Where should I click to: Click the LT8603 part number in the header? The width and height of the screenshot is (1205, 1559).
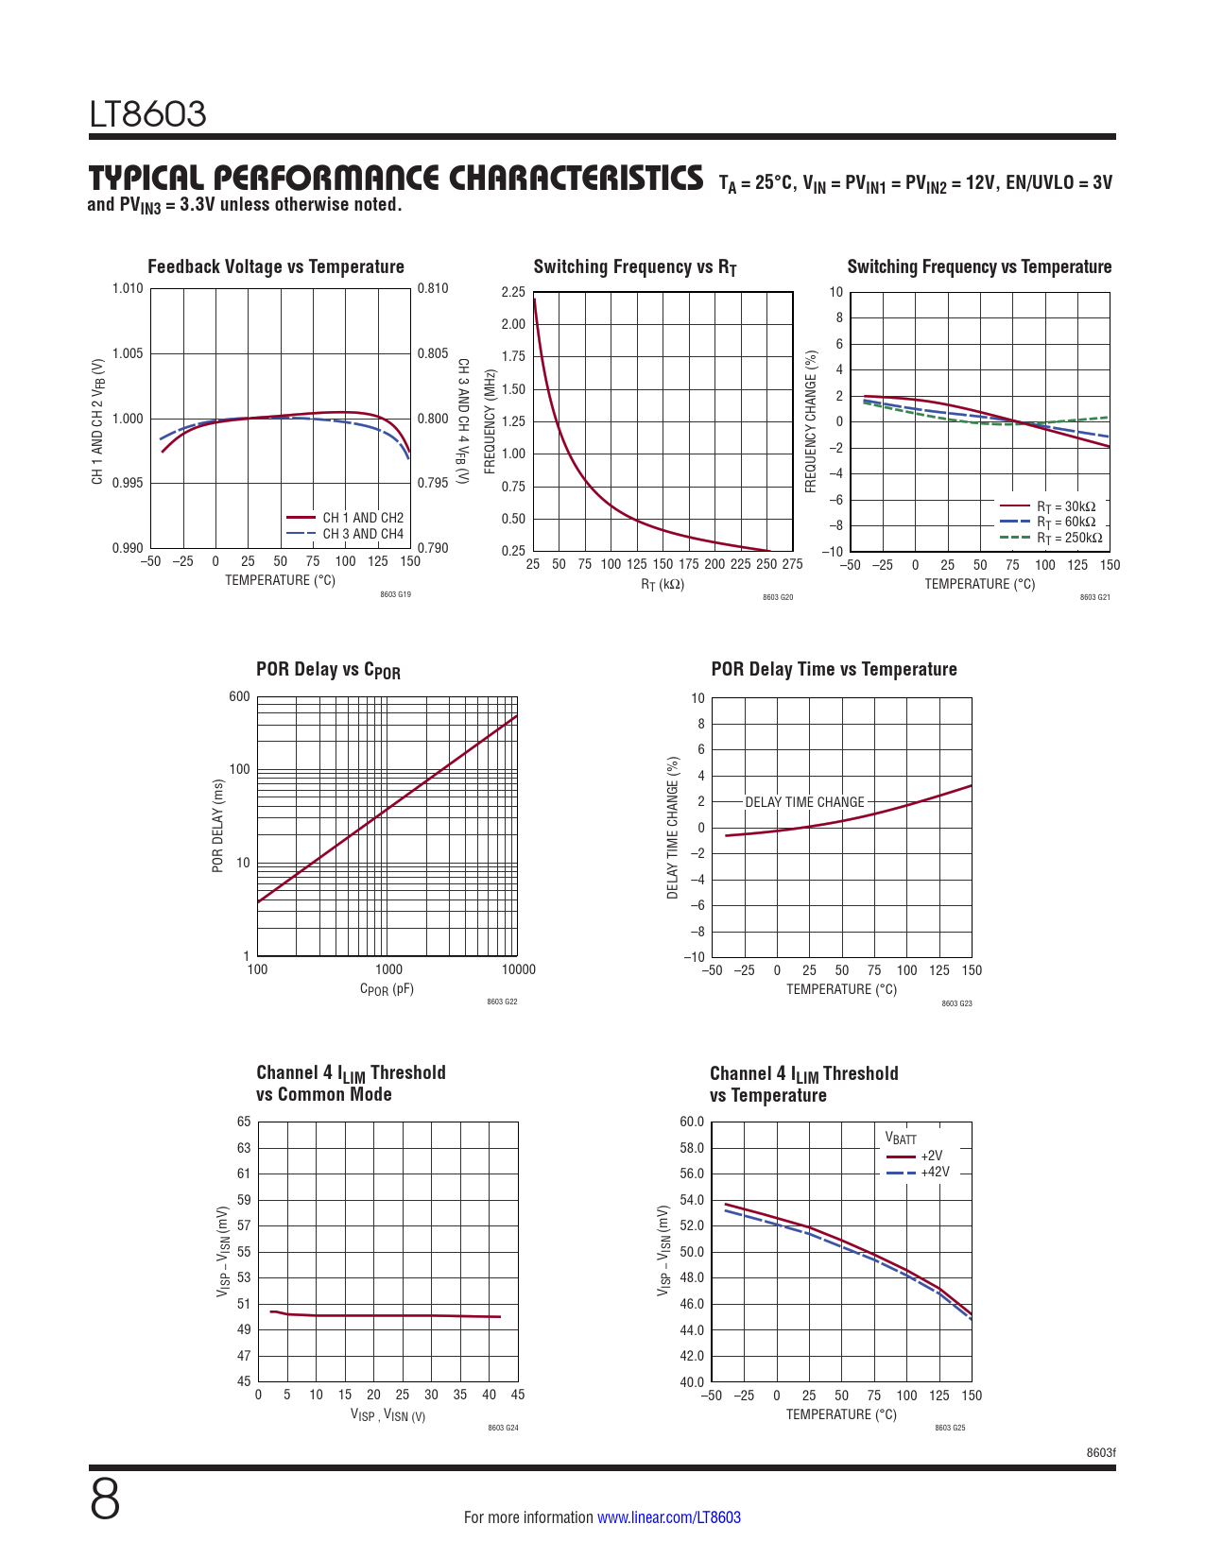[147, 114]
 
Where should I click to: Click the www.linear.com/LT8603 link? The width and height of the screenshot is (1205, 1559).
[668, 1517]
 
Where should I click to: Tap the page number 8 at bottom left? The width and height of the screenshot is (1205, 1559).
[105, 1499]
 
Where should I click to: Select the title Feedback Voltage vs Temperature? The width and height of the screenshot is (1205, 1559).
[275, 266]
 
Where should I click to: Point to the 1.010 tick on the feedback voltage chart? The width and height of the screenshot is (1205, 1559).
[128, 288]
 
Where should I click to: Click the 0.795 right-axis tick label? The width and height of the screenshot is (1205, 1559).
[433, 483]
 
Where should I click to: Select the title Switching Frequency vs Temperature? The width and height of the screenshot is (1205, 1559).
[979, 266]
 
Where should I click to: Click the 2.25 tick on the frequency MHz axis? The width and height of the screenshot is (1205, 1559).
[513, 292]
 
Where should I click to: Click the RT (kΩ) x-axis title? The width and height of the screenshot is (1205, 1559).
[663, 584]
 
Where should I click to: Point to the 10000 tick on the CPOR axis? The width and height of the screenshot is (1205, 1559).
[518, 968]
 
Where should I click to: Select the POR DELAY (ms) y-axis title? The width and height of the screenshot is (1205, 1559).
[217, 826]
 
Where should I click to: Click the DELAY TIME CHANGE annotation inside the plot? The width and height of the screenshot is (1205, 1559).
[804, 802]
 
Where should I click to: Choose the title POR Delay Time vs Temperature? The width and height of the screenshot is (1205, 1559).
[834, 669]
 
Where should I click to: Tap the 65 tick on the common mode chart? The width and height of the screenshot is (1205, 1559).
[244, 1122]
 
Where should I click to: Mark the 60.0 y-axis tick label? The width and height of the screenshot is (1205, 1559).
[692, 1122]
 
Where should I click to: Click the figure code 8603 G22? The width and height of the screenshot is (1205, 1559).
[502, 1002]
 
